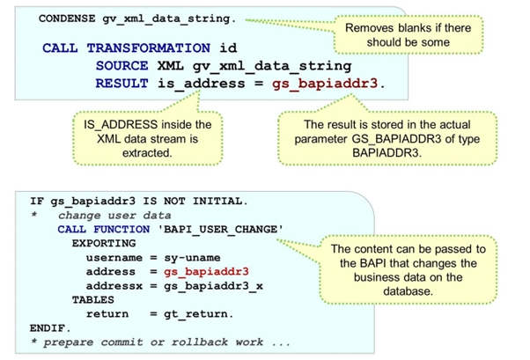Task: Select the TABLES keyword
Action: pos(92,299)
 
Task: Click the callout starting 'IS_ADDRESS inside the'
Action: pos(147,139)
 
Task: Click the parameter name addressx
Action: pos(112,285)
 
